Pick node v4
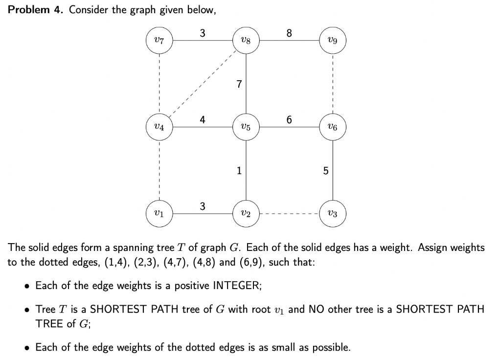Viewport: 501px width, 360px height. [x=159, y=128]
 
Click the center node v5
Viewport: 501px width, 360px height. [x=246, y=128]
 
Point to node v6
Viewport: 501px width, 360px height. [x=333, y=128]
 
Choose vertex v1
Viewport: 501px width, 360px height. [x=159, y=214]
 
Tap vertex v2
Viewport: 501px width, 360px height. [x=246, y=214]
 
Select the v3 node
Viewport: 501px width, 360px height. [x=333, y=214]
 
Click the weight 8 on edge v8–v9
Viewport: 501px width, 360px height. [x=289, y=33]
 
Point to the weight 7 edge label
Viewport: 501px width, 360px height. [x=238, y=85]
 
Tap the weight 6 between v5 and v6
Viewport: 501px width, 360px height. [x=289, y=120]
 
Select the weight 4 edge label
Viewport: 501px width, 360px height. [x=203, y=120]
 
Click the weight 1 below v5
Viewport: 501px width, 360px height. [x=238, y=171]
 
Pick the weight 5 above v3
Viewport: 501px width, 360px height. [x=325, y=171]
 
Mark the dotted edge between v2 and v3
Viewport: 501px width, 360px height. [x=289, y=214]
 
